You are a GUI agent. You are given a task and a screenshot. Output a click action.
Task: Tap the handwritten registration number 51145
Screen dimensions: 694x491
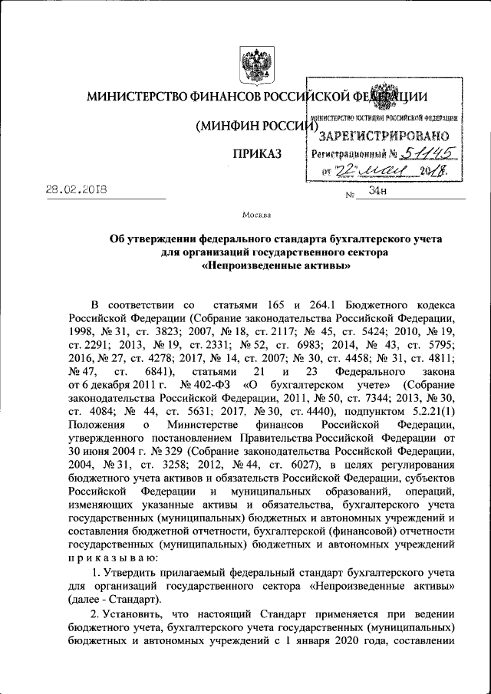(421, 153)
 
